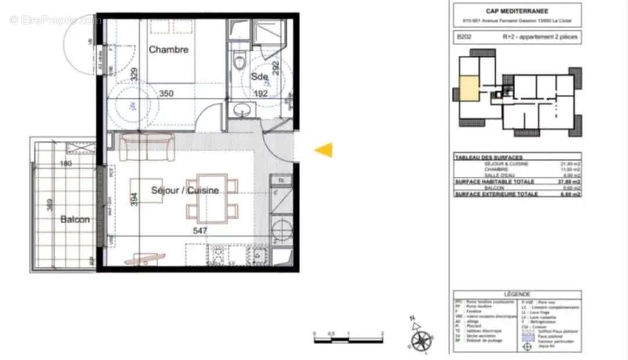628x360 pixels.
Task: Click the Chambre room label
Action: point(169,50)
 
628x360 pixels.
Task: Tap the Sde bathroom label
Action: point(259,77)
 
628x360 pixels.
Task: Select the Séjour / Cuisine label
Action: point(185,190)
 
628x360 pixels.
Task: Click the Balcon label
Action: point(75,219)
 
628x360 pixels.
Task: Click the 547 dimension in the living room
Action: point(200,230)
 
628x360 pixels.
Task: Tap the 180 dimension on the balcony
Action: point(66,163)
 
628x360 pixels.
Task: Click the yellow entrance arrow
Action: point(324,150)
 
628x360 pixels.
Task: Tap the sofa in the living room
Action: point(146,147)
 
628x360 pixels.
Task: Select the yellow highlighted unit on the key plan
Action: point(470,89)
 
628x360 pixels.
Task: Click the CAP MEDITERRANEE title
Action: point(517,10)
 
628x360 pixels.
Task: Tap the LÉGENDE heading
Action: point(517,295)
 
